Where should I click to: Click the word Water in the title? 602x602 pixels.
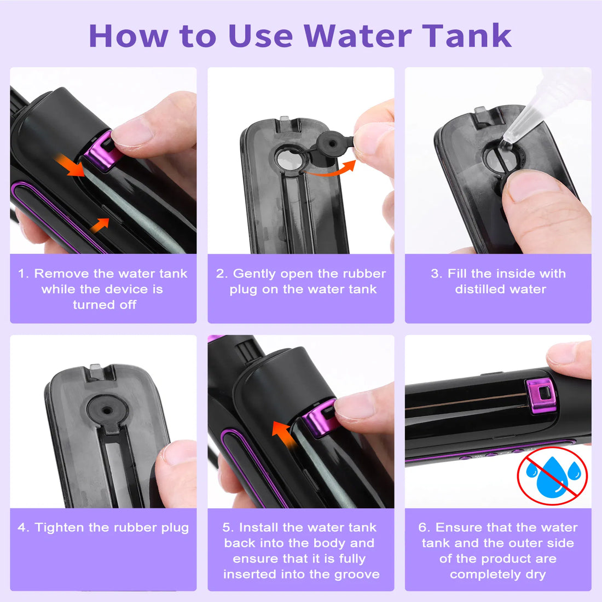click(357, 36)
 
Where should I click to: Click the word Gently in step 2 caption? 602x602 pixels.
click(254, 274)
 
